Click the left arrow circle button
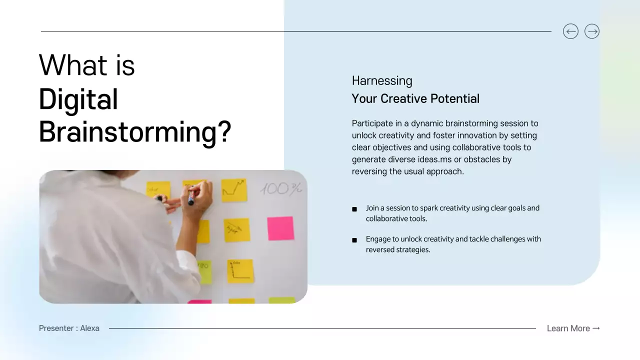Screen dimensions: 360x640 570,31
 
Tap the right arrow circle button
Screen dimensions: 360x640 592,31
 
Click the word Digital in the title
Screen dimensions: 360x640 78,99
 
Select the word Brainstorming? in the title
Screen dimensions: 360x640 135,132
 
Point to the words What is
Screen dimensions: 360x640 87,65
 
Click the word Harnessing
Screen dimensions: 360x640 382,81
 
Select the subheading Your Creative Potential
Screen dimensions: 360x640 415,98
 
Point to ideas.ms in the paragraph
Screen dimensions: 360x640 426,159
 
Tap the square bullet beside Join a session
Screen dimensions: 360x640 354,209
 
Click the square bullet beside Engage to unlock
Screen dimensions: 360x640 354,240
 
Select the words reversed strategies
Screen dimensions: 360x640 398,249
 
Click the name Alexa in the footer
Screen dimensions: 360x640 90,328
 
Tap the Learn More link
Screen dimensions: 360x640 568,328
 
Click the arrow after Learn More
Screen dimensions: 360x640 596,328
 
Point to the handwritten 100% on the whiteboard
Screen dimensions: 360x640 281,188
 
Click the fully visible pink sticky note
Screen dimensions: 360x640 280,228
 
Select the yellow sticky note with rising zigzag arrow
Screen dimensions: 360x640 234,189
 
